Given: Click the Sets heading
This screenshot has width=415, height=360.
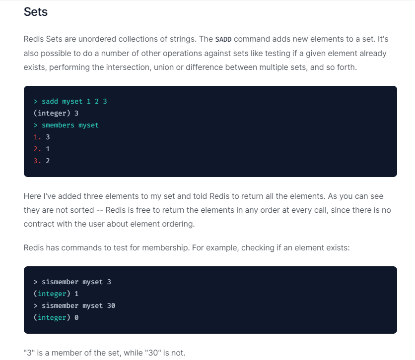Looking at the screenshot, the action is [36, 12].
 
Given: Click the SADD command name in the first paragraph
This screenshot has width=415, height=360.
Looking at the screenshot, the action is [223, 39].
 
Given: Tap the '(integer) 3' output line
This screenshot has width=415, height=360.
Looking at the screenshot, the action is [56, 113].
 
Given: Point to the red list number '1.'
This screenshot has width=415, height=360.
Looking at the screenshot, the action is [37, 137].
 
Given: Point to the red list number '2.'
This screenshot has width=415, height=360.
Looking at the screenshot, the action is [37, 149].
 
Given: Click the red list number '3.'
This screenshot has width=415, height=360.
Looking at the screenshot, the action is [37, 161].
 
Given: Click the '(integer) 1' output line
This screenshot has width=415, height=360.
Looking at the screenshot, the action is [56, 294].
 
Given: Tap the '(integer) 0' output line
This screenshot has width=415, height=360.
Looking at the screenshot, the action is [56, 317].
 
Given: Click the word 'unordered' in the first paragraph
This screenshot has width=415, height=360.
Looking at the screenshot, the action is [89, 39].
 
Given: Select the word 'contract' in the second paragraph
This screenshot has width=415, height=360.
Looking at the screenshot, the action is [39, 224].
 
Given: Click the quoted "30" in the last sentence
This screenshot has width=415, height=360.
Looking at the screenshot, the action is [142, 353].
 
